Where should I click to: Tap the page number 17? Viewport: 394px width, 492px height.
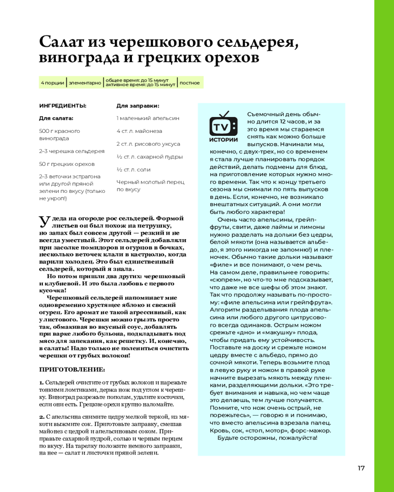click(361, 467)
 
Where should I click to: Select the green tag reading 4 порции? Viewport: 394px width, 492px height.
click(52, 83)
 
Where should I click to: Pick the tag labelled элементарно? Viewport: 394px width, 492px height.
click(85, 83)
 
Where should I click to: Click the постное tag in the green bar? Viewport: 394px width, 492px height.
click(190, 83)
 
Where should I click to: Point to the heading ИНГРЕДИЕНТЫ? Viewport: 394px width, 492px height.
click(63, 105)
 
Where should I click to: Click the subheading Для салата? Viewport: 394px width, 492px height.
click(56, 118)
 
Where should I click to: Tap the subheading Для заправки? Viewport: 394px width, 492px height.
click(137, 105)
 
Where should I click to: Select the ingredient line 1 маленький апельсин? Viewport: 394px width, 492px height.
click(148, 118)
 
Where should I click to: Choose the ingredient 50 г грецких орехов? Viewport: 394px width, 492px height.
click(66, 164)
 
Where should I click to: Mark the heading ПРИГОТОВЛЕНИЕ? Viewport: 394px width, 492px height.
click(72, 369)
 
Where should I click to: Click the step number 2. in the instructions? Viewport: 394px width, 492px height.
click(42, 417)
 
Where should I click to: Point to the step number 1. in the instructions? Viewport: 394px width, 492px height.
click(41, 382)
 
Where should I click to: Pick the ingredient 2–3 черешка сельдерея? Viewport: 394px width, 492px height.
click(71, 151)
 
